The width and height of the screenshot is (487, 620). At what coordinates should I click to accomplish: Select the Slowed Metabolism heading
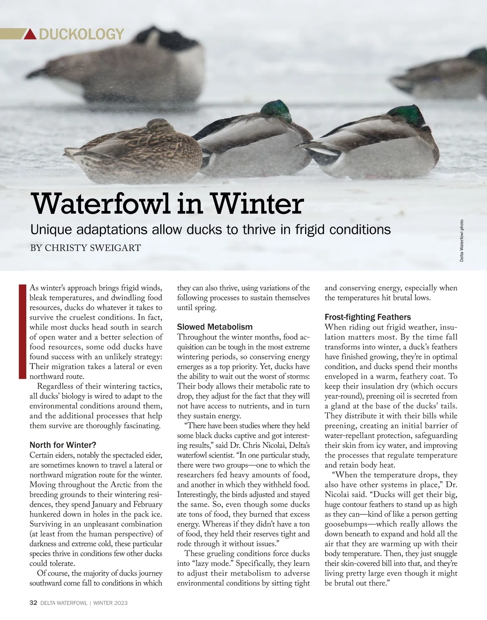click(x=215, y=327)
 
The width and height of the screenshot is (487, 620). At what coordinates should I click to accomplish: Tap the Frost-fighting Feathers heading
click(x=368, y=317)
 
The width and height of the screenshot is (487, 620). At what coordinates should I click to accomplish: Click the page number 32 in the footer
click(x=33, y=603)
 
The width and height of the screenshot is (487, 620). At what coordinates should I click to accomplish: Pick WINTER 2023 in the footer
click(x=110, y=603)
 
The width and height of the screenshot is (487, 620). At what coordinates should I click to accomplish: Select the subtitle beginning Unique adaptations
click(x=211, y=230)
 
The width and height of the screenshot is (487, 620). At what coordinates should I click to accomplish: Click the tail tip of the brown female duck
click(x=70, y=152)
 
